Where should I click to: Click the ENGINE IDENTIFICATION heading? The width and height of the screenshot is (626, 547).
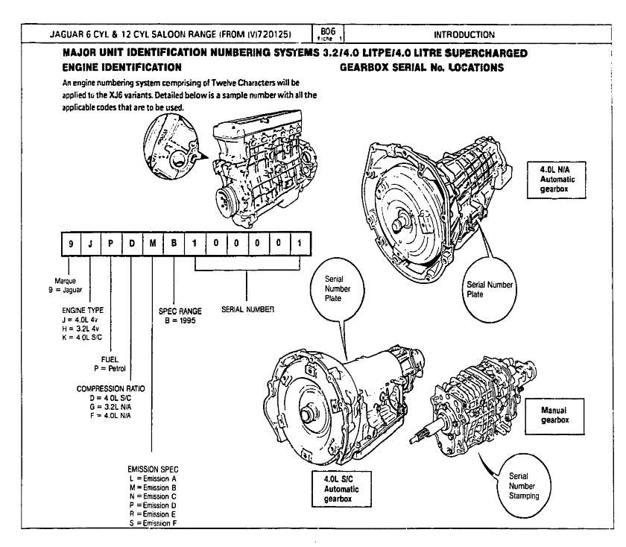(x=122, y=67)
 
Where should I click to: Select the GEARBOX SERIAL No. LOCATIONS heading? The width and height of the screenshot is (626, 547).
(x=422, y=67)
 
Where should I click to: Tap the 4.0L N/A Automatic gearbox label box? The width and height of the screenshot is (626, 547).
(x=554, y=180)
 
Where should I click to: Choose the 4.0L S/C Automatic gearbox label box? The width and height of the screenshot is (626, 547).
(x=339, y=487)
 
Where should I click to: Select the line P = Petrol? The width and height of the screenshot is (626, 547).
(x=109, y=367)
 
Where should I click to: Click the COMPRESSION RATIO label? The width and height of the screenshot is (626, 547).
(x=111, y=388)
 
